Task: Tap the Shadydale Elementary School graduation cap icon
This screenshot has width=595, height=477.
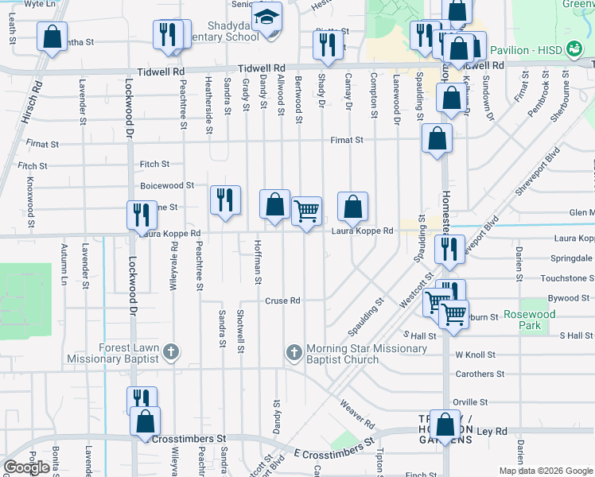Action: [x=267, y=16]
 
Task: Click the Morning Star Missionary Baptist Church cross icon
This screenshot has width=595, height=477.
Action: [x=294, y=351]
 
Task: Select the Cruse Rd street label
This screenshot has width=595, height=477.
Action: [x=282, y=301]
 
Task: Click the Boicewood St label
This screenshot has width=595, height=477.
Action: [x=167, y=185]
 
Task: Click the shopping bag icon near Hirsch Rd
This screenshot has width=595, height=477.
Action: [x=52, y=37]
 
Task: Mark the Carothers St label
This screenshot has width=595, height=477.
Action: [x=480, y=374]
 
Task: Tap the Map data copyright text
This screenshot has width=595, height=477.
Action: [x=545, y=471]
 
